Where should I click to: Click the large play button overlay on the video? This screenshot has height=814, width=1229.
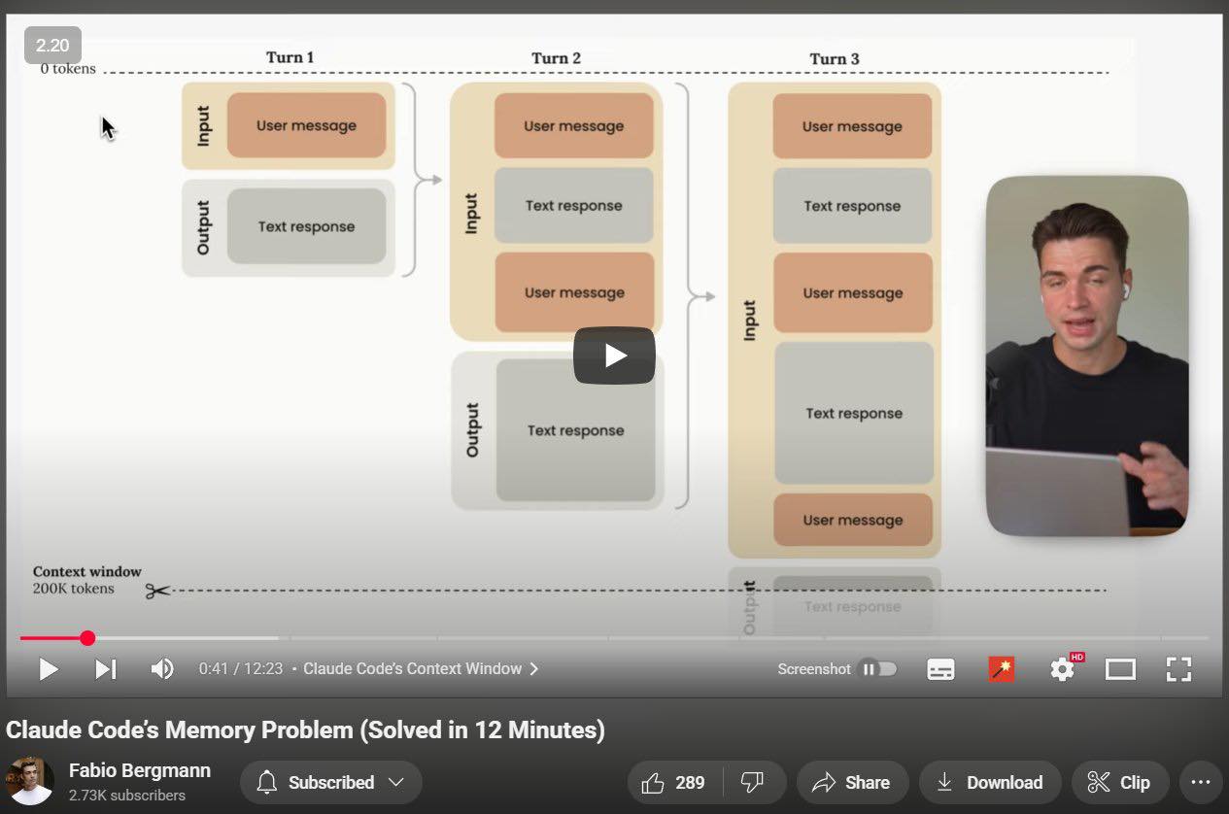(614, 356)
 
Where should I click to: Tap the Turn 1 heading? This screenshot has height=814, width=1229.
(290, 57)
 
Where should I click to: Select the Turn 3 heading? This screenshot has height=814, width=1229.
(835, 58)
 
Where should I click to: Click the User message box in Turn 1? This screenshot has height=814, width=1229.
(306, 125)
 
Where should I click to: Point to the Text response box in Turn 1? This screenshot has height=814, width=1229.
(306, 226)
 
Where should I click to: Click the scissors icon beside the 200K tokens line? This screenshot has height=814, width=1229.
(158, 591)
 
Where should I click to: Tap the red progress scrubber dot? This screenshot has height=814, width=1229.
(87, 638)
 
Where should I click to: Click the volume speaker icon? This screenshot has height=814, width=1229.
(162, 669)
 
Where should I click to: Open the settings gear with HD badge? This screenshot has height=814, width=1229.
(1063, 668)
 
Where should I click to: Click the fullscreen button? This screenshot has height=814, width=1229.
(1178, 669)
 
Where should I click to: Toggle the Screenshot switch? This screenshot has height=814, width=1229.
(879, 669)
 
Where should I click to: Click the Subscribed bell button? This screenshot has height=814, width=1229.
(331, 782)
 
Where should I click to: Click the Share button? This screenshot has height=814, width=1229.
(852, 782)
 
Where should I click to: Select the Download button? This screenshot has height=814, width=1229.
(990, 782)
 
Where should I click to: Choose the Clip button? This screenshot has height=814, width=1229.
(1120, 782)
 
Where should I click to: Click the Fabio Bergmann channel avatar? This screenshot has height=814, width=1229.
(30, 781)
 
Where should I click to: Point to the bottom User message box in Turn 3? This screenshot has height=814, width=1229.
(853, 520)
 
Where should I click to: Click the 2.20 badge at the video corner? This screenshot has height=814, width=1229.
(52, 45)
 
